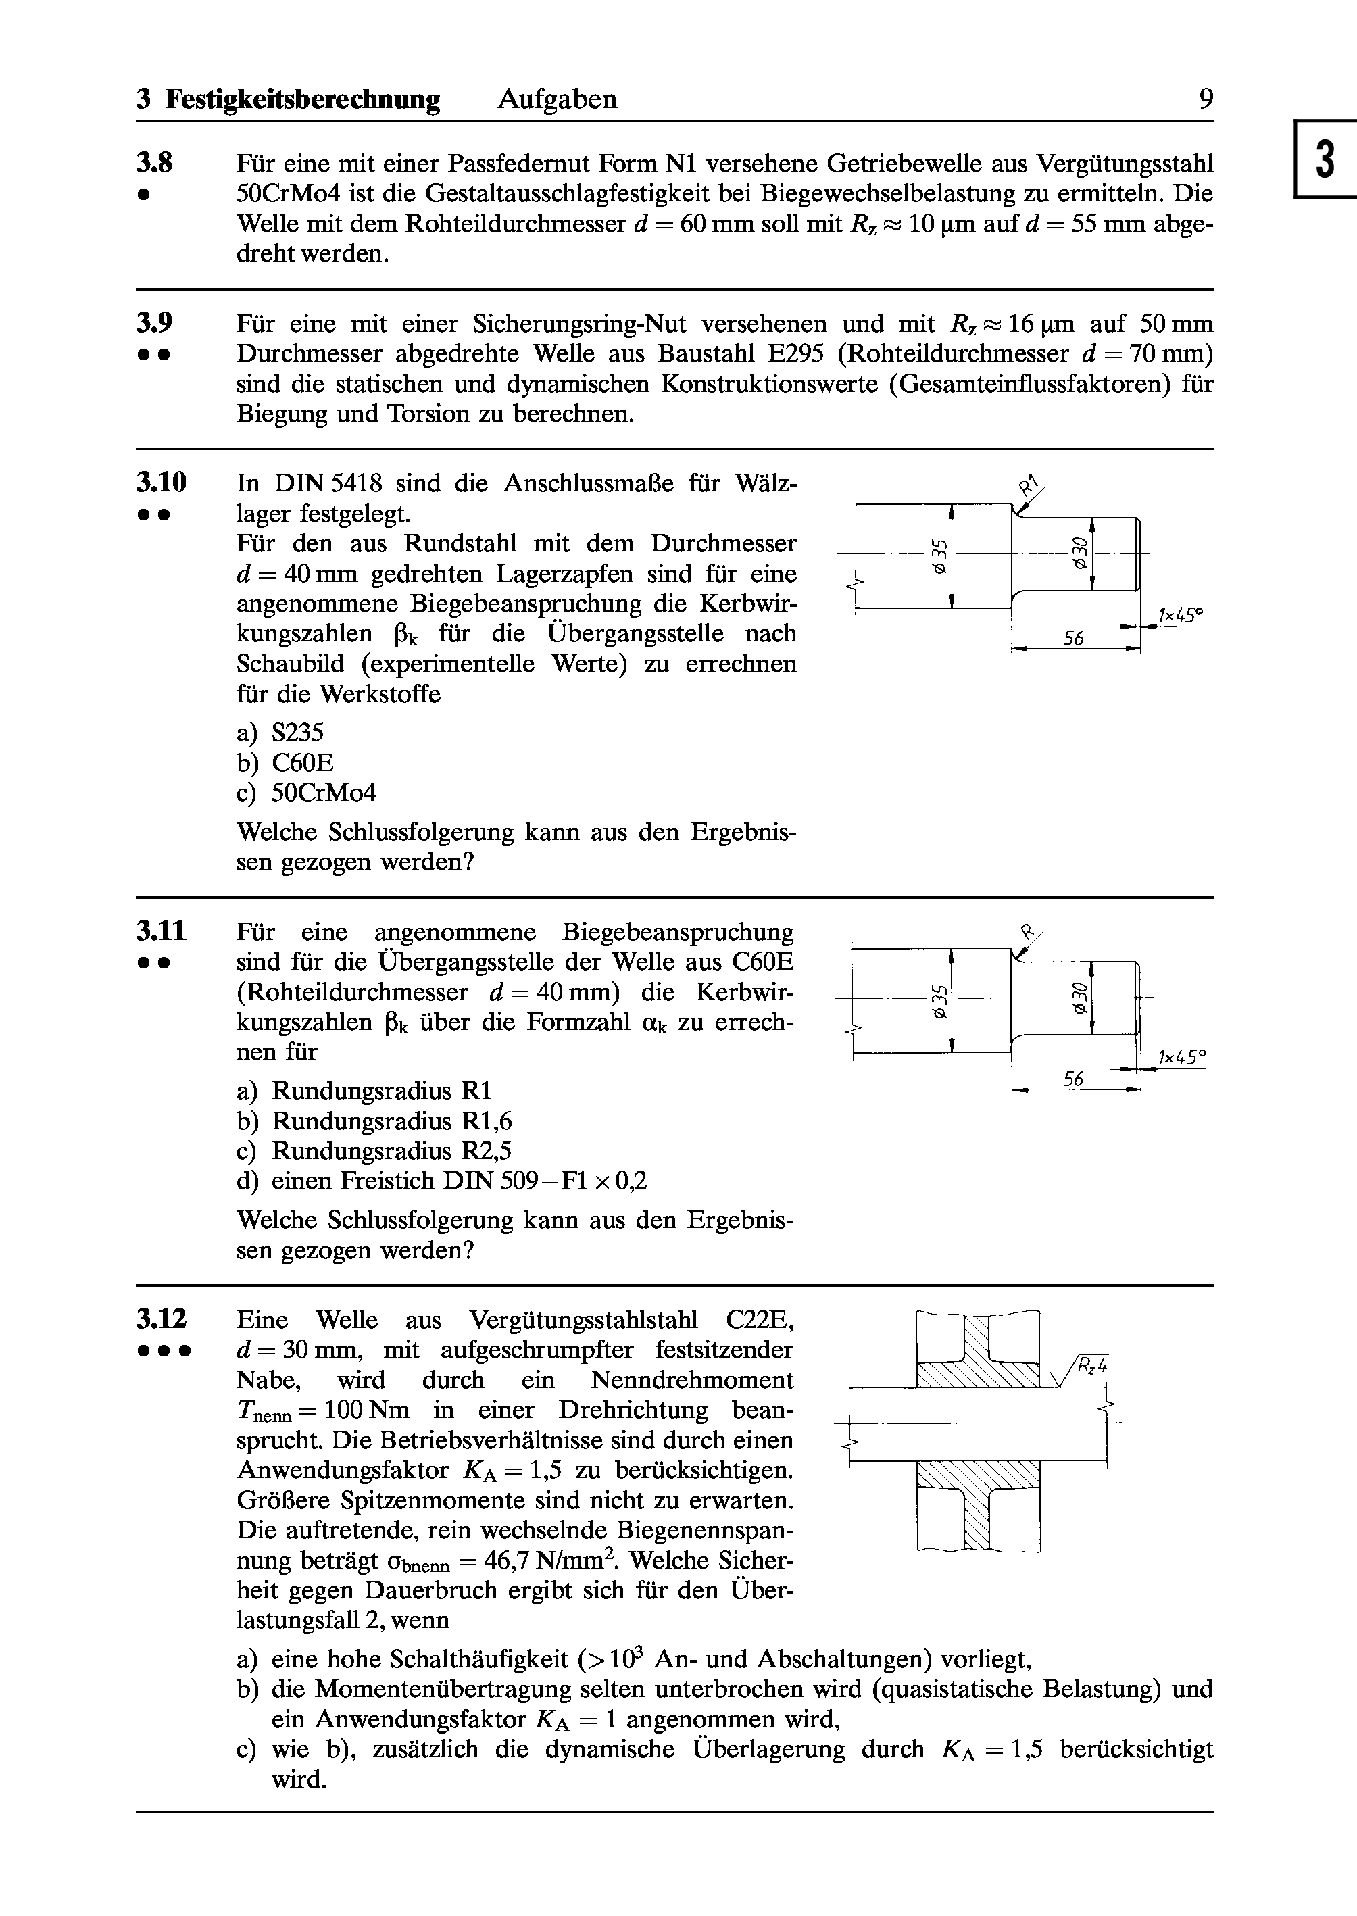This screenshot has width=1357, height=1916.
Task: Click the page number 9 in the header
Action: [1206, 99]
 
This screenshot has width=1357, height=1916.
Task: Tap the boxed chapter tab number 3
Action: [1325, 159]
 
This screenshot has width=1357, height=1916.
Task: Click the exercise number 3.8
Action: [155, 162]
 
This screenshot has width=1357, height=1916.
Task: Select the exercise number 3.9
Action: [155, 322]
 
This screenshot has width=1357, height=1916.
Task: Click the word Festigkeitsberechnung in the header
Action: [303, 99]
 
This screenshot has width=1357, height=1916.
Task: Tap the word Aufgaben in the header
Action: [558, 99]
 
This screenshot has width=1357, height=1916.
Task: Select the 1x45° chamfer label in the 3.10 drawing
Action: [1180, 616]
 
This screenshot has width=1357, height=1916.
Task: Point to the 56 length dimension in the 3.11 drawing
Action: [1074, 1079]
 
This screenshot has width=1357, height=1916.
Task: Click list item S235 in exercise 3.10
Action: [297, 733]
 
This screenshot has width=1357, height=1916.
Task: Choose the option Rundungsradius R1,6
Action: [392, 1121]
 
